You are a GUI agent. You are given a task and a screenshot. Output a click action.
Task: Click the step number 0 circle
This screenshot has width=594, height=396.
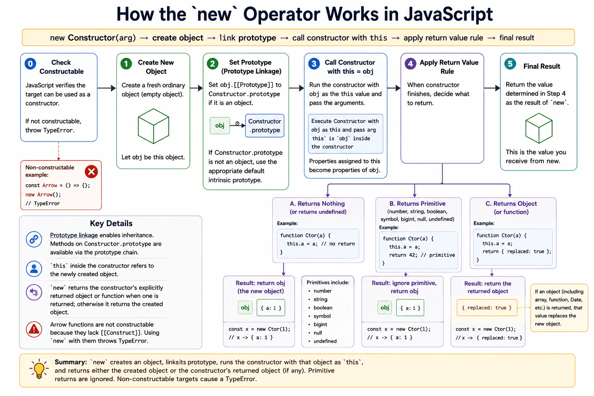[x=30, y=64]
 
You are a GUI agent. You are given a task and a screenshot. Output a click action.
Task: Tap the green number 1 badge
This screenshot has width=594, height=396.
[x=126, y=64]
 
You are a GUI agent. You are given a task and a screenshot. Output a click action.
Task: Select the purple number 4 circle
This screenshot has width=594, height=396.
[x=410, y=64]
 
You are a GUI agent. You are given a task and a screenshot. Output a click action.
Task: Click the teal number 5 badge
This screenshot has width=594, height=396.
[x=510, y=64]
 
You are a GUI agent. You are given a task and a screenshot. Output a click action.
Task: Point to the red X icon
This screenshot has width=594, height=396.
[x=92, y=172]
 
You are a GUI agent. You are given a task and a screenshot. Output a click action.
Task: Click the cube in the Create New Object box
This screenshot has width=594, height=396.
[x=154, y=126]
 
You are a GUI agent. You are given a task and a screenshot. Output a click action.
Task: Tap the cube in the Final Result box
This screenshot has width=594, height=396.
[x=539, y=128]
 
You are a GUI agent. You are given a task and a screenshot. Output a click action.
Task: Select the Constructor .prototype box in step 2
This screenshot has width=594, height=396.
[x=265, y=126]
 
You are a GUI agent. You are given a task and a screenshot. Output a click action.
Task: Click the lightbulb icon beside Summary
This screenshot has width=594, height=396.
[x=39, y=369]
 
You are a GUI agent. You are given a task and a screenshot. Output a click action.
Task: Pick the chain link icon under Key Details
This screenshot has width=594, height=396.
[x=34, y=239]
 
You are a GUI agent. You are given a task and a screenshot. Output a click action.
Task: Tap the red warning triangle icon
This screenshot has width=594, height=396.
[x=34, y=329]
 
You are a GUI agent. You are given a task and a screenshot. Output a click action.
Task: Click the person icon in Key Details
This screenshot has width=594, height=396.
[x=34, y=269]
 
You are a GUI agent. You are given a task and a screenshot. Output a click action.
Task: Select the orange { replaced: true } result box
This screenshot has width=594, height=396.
[x=487, y=308]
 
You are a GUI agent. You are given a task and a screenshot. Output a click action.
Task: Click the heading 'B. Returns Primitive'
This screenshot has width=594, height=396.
[x=417, y=203]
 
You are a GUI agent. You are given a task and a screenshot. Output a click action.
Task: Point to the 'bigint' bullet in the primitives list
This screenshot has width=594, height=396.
[x=320, y=324]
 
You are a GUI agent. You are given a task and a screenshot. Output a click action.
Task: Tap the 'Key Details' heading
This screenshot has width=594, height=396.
[x=111, y=224]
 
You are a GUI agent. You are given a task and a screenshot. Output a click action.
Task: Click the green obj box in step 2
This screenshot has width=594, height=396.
[x=220, y=125]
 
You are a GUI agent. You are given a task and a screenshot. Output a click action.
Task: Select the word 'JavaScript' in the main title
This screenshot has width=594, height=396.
[x=448, y=14]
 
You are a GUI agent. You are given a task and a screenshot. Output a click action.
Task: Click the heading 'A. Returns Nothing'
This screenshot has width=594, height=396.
[x=317, y=203]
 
